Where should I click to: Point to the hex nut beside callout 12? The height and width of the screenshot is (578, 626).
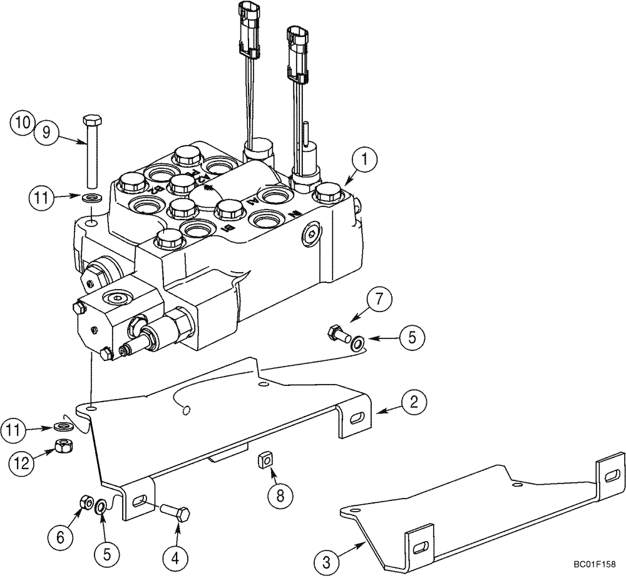point(63,446)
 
